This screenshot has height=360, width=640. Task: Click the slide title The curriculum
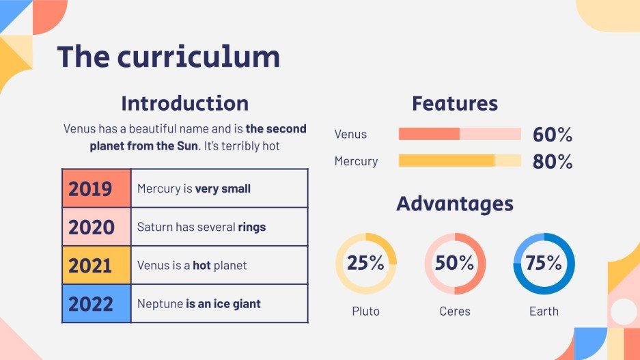pos(168,57)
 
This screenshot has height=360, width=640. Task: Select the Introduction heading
pos(184,104)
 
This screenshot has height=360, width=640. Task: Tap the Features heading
pos(454,104)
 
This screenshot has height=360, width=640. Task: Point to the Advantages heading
pos(454,204)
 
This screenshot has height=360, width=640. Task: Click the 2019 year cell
pos(96,189)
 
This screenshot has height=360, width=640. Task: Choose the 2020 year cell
pos(96,227)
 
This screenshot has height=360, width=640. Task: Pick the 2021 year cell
pos(96,265)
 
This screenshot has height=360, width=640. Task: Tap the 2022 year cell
pos(96,303)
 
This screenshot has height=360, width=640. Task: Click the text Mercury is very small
pos(193,189)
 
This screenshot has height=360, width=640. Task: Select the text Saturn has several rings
pos(201,227)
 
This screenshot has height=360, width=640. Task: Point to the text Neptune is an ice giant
pos(199,303)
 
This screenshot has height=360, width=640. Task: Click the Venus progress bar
pos(459,134)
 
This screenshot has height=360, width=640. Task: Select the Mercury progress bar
pos(459,161)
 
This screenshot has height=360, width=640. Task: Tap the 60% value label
pos(552,135)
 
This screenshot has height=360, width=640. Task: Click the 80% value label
pos(552,162)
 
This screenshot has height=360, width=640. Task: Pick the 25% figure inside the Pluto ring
pos(365,263)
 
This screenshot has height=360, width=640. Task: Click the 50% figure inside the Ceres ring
pos(455,263)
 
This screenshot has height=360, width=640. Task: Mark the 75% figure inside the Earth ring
pos(544,263)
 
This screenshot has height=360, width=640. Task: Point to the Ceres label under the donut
pos(455,311)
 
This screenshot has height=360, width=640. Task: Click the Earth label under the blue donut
pos(544,311)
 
